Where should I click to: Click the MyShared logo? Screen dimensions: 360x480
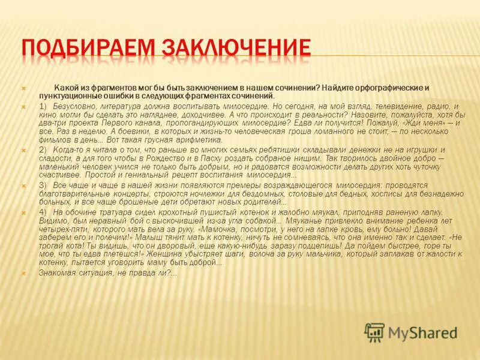tap(412, 332)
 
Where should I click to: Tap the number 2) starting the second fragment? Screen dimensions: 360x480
tap(43, 149)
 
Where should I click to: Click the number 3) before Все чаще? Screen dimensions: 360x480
tap(43, 186)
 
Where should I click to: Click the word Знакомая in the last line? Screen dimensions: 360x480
tap(58, 273)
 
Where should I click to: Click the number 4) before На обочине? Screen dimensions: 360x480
tap(43, 212)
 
